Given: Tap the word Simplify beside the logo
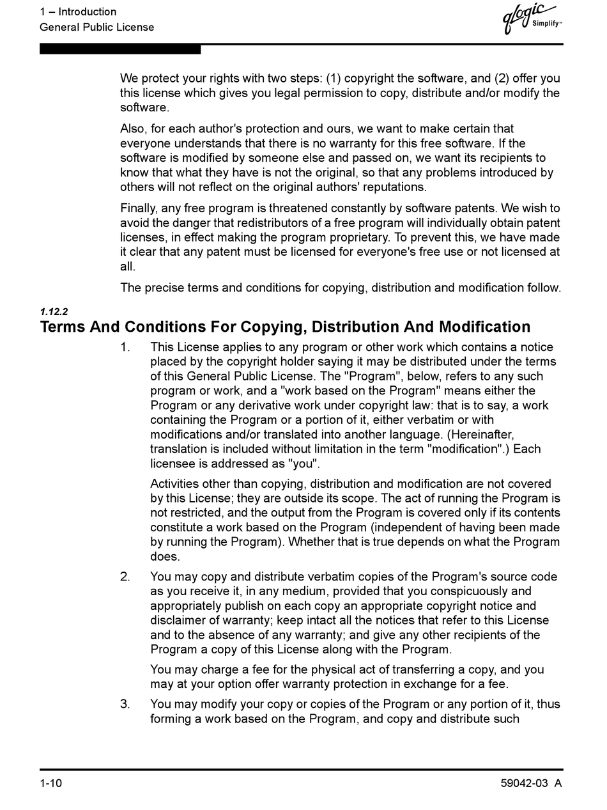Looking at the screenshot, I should pos(546,24).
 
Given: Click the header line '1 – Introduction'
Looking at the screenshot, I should pos(78,12).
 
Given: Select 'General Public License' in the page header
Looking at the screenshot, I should pos(96,27).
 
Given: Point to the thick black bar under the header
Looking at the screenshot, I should pos(120,49).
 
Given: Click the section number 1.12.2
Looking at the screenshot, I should pos(54,312).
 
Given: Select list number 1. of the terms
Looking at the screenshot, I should pos(125,347).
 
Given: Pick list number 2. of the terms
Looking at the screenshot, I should pos(125,577).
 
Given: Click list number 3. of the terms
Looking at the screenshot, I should pos(125,704).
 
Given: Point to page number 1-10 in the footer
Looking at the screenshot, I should pos(51,784).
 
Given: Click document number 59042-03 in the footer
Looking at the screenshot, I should pos(524,784).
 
